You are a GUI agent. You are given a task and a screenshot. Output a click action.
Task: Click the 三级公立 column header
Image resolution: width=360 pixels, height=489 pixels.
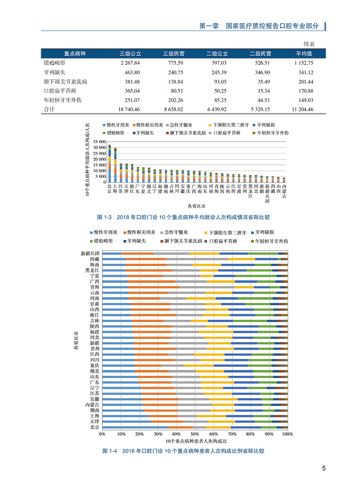[x=130, y=54]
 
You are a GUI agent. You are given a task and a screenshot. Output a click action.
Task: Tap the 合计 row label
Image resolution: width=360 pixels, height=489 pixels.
[x=50, y=109]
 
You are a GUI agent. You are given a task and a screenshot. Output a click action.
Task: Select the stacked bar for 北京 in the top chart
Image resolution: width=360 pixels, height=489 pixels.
[x=110, y=164]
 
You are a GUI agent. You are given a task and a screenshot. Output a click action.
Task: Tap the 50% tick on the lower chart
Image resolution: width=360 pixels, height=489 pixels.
[x=195, y=434]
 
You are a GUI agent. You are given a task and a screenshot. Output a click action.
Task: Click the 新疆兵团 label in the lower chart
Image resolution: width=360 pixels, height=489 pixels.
[x=90, y=253]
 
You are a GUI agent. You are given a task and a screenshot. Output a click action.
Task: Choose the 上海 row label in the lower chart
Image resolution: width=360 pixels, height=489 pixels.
[x=94, y=416]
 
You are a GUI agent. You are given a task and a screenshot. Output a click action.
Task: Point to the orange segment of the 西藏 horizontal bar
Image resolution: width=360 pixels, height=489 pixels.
[x=146, y=259]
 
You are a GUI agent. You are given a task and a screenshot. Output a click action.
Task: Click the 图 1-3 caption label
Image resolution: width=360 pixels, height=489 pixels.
[x=104, y=217]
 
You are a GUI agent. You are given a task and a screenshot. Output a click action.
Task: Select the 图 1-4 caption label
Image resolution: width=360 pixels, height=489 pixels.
[x=109, y=451]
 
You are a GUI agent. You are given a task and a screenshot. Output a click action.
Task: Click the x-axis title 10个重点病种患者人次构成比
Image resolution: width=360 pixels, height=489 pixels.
[x=195, y=441]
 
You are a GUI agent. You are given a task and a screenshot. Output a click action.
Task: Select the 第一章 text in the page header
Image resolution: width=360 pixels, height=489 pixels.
[x=209, y=26]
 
